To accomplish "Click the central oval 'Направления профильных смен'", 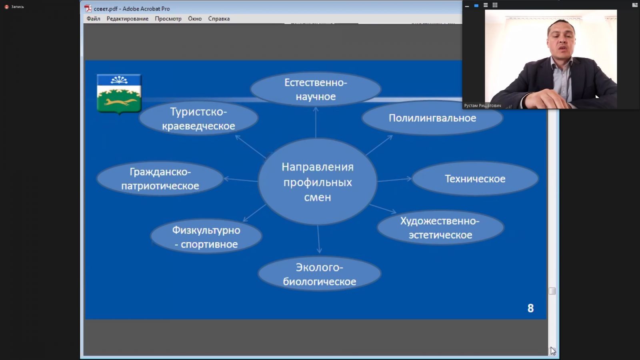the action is tap(318, 182).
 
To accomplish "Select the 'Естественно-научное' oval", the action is tap(316, 89).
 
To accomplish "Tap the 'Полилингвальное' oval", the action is tap(432, 118).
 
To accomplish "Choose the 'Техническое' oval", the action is tap(475, 178).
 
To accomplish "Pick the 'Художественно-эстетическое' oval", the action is tap(440, 228).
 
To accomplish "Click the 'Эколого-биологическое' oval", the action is tap(320, 274).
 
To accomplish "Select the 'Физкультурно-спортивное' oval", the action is tap(206, 236).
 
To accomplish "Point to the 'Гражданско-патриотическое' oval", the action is tap(160, 178).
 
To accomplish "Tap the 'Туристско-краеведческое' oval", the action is tap(198, 118).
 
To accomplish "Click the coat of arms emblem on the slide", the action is tap(119, 94).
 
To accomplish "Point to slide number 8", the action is tap(530, 308).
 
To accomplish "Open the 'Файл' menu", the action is tap(94, 19).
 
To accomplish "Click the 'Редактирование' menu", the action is tap(128, 19).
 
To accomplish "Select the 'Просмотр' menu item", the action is tap(168, 19).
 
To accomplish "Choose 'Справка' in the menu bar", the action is tap(219, 19).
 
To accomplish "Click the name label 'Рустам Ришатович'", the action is tap(482, 106).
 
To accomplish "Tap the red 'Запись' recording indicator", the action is tap(6, 6).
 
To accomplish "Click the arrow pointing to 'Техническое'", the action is tap(394, 180).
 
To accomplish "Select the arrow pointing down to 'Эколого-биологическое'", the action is tap(318, 239).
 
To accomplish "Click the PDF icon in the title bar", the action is tap(88, 8).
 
